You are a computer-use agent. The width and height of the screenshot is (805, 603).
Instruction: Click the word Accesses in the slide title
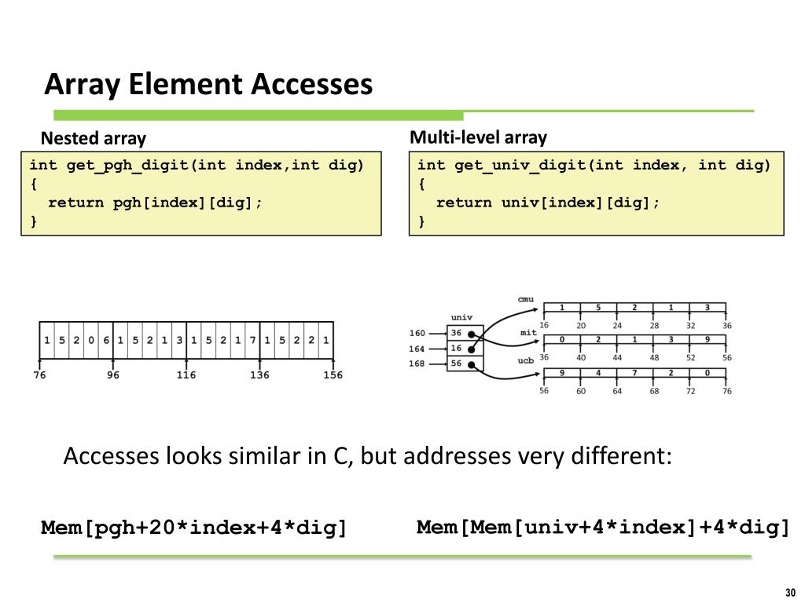tap(312, 84)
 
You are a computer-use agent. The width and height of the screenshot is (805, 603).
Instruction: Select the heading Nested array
tap(94, 139)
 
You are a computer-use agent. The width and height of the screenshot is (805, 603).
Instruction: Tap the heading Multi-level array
tap(478, 137)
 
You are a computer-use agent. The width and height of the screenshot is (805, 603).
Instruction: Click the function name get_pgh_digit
tap(129, 165)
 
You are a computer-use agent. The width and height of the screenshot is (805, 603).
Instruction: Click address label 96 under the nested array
tap(113, 375)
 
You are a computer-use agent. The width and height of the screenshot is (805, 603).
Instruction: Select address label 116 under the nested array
tap(186, 375)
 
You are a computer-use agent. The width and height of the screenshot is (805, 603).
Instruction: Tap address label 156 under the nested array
tap(333, 375)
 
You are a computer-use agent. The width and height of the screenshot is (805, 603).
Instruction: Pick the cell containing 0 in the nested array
tap(90, 341)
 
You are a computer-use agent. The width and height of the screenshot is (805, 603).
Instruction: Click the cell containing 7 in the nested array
tap(252, 341)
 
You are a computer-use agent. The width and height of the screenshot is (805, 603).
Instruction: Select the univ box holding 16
tap(457, 348)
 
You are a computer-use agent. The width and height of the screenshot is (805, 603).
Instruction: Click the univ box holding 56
tap(457, 364)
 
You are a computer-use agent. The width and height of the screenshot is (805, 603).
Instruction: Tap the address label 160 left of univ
tap(417, 333)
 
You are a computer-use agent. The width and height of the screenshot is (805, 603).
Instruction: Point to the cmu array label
tap(525, 299)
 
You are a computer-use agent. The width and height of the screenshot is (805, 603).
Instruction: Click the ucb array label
tap(525, 360)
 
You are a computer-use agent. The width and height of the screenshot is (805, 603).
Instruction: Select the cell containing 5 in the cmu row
tap(598, 307)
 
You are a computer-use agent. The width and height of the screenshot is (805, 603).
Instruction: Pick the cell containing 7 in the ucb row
tap(634, 372)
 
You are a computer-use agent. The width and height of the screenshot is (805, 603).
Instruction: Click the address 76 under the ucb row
tap(726, 390)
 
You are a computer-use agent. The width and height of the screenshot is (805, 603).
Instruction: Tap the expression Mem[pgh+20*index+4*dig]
tap(194, 528)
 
